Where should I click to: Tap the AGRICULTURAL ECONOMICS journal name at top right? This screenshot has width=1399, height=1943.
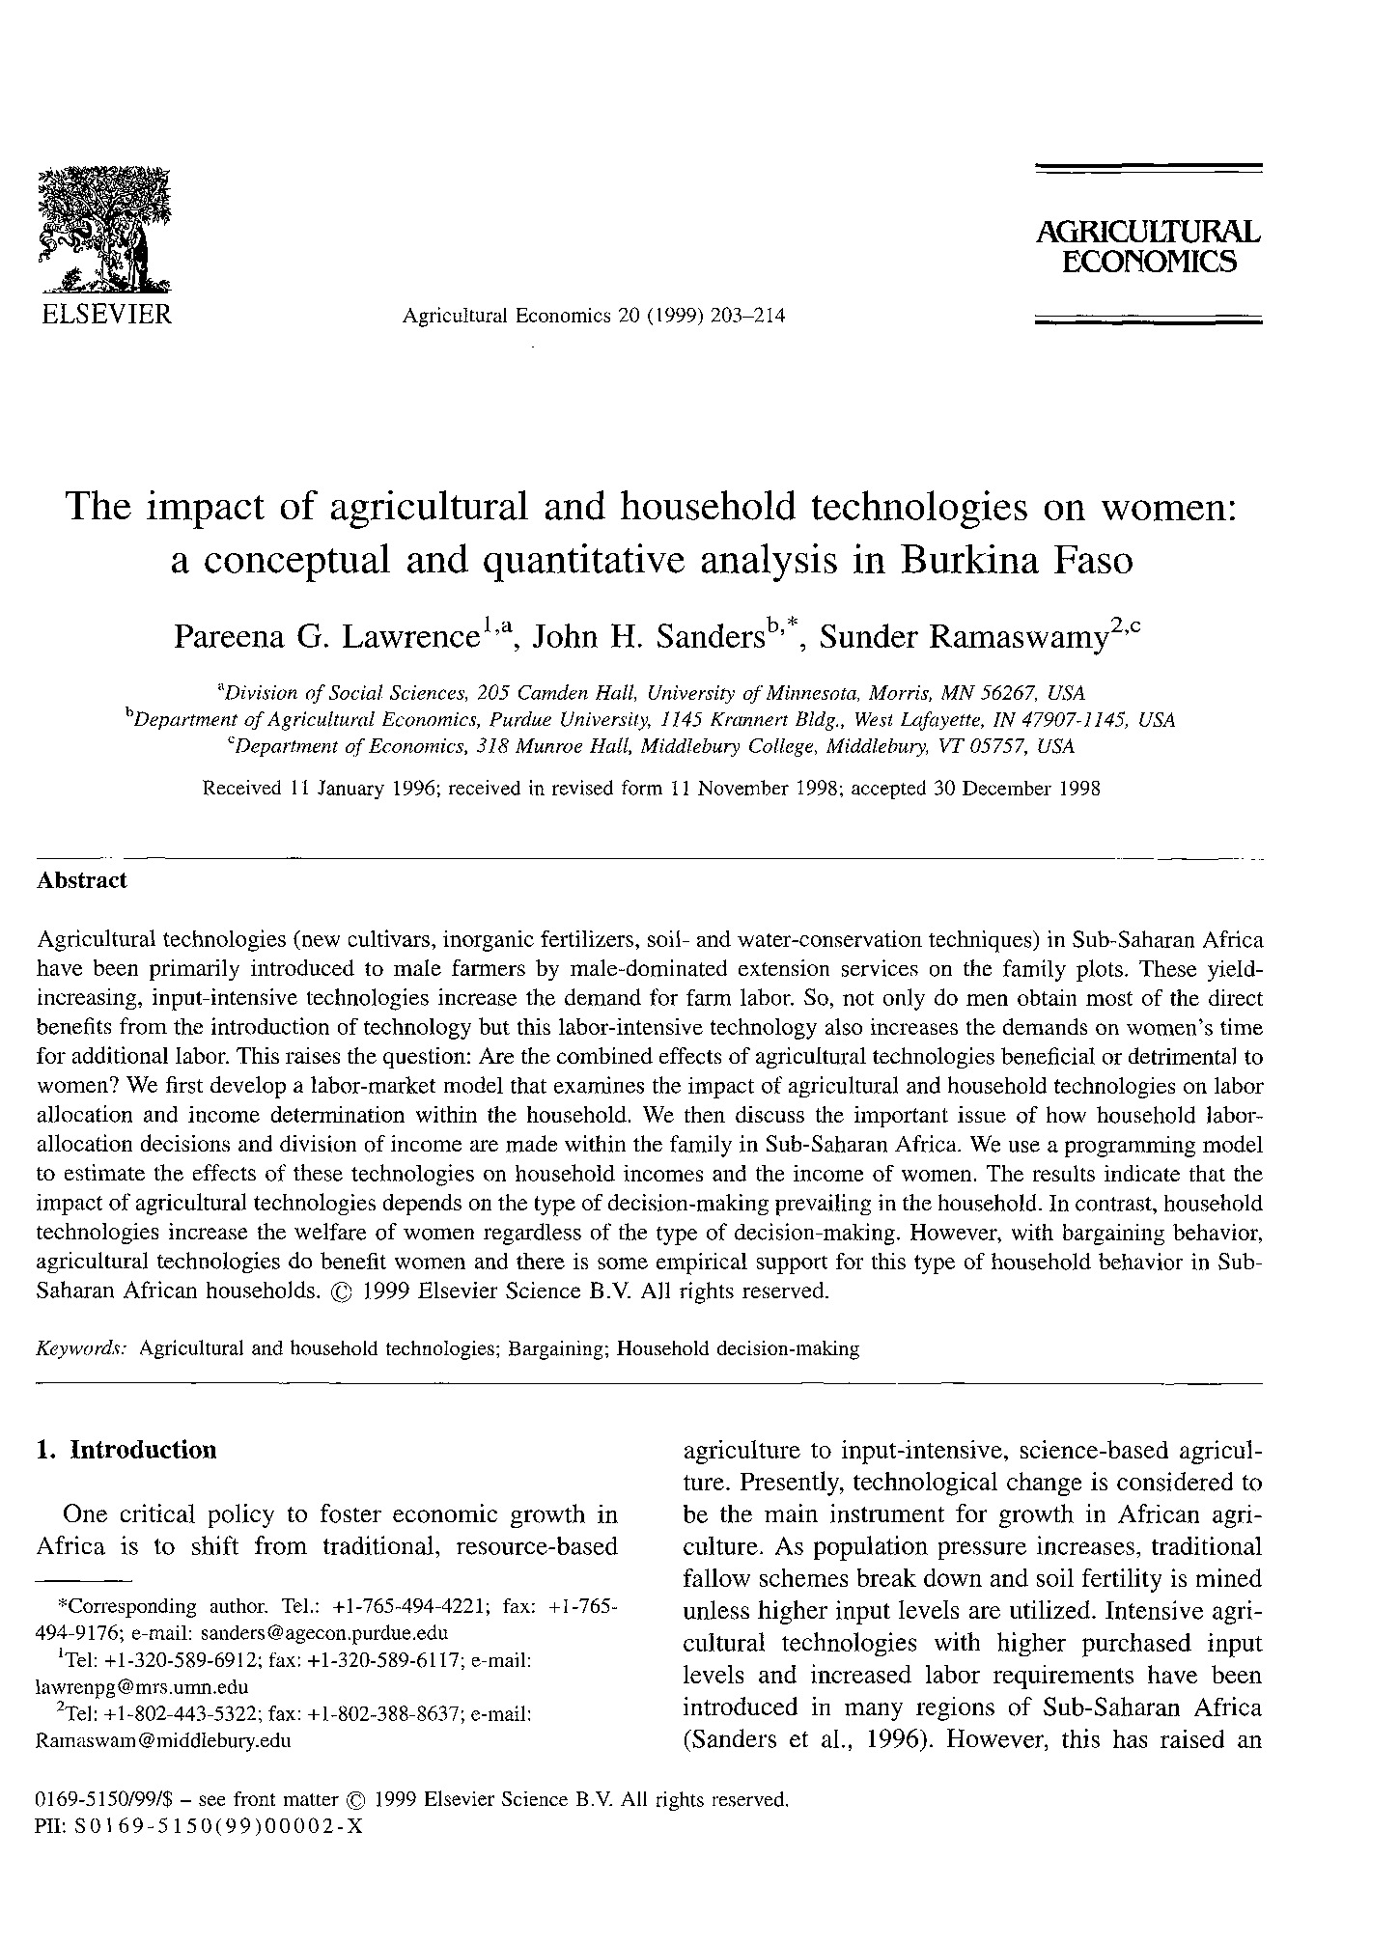click(1148, 247)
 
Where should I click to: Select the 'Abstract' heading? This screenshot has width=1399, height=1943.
click(81, 880)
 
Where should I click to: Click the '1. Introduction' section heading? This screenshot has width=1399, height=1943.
click(126, 1451)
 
